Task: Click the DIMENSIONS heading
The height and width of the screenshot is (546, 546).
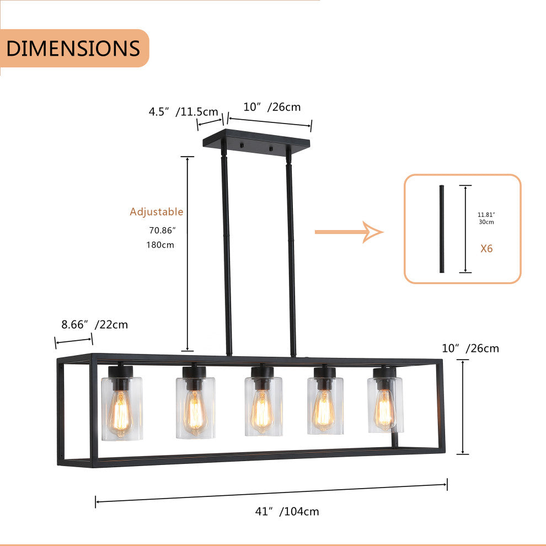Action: click(73, 49)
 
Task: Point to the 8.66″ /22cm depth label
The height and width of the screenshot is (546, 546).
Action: click(94, 324)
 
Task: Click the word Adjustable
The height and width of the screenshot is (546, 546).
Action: click(156, 212)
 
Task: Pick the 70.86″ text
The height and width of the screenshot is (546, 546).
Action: click(162, 231)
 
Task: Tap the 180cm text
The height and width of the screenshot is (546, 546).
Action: click(160, 244)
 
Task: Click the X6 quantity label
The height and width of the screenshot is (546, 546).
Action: click(486, 248)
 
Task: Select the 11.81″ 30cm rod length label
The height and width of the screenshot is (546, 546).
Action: click(486, 218)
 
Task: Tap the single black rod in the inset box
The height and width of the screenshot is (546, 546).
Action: click(441, 229)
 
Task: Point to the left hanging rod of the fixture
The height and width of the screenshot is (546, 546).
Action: click(226, 248)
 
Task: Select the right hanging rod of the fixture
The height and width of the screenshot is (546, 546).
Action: click(291, 254)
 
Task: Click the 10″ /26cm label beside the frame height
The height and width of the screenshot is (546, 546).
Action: click(470, 348)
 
